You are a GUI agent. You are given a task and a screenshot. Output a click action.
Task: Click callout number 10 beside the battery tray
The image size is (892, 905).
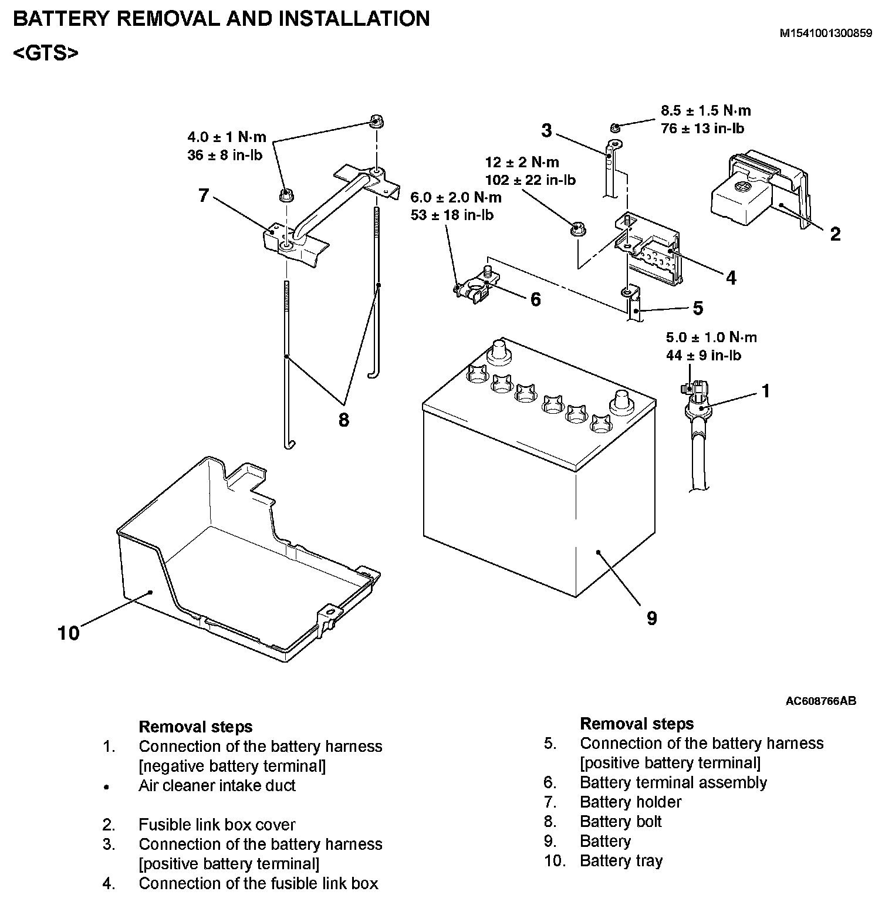click(68, 633)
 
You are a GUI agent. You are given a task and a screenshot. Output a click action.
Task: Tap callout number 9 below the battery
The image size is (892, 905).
click(652, 617)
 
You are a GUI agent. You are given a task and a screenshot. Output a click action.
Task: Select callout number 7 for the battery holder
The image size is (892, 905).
click(204, 195)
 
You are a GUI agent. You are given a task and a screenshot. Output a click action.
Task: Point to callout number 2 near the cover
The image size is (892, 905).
click(835, 234)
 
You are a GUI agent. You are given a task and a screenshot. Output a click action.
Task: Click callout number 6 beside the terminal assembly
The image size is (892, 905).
click(535, 299)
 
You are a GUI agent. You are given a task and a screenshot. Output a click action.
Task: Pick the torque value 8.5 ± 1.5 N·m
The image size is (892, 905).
click(706, 110)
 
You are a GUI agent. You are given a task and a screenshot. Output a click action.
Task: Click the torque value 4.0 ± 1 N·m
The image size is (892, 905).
click(227, 137)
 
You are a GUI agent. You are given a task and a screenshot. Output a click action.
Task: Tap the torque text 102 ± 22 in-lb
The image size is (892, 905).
click(531, 180)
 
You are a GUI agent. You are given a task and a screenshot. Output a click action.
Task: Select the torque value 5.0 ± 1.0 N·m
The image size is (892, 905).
click(711, 337)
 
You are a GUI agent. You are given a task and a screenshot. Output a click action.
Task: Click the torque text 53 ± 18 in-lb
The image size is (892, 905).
click(452, 215)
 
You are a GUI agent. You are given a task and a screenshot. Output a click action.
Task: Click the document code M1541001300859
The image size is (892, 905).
click(826, 33)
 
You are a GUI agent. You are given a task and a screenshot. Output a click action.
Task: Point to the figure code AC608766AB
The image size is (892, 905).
click(821, 701)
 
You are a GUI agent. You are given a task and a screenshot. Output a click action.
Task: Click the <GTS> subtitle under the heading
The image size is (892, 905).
click(45, 53)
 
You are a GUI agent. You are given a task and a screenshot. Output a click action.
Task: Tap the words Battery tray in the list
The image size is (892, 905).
click(621, 861)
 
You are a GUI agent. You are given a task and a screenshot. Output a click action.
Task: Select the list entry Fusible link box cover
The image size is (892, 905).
click(217, 825)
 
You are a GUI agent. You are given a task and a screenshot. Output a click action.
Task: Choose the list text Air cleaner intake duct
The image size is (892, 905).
click(217, 786)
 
